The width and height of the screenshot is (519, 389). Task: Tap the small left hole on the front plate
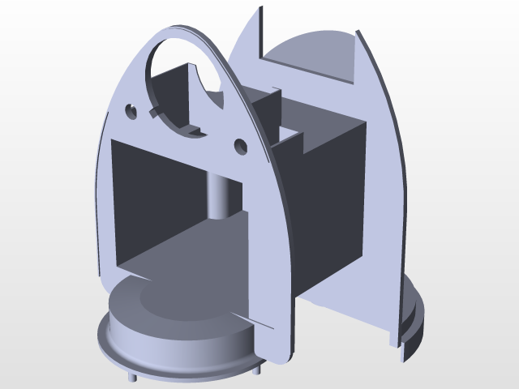pos(131,109)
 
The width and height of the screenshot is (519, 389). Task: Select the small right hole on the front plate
pos(240,145)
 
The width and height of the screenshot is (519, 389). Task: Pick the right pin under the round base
pos(259,369)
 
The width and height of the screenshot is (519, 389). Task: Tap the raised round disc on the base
pos(174,312)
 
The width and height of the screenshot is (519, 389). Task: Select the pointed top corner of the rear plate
pos(262,10)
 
